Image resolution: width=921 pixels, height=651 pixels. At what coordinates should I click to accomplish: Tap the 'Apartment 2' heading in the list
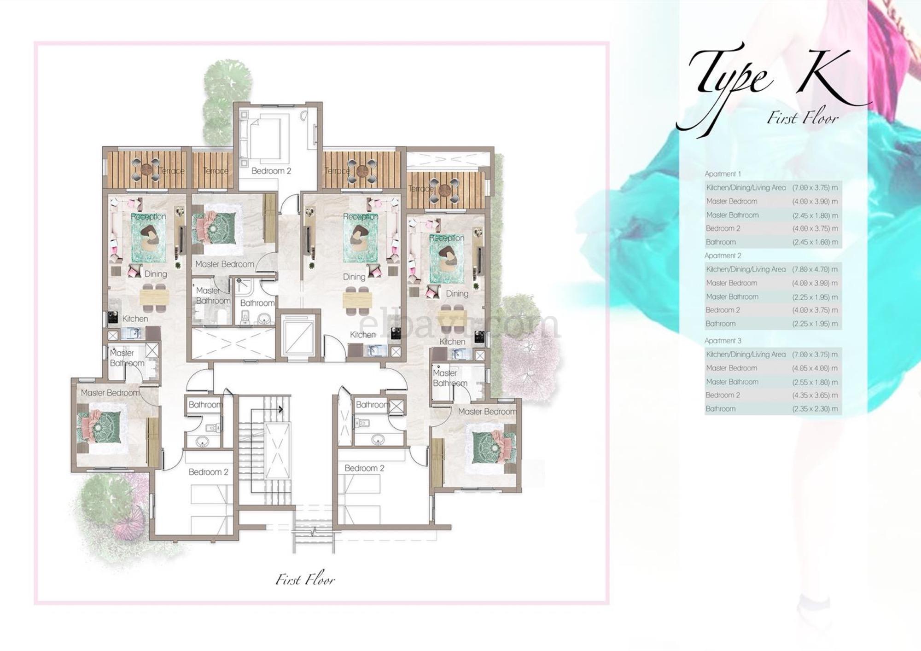click(x=723, y=256)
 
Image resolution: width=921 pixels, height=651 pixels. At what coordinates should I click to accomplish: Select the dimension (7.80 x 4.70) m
click(x=815, y=269)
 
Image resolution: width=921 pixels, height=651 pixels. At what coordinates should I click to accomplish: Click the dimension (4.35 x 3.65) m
click(x=815, y=395)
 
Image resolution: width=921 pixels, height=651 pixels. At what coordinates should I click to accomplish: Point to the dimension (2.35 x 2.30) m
click(x=815, y=409)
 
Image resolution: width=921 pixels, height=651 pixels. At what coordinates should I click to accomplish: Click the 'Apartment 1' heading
click(x=723, y=174)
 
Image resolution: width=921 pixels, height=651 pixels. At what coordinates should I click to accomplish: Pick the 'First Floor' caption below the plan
click(x=305, y=580)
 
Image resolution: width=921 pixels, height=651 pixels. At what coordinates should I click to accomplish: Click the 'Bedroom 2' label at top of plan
click(x=271, y=171)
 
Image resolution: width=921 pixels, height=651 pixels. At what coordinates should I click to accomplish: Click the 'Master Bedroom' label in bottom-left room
click(x=110, y=393)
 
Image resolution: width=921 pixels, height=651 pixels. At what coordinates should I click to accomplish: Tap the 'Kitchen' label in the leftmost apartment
click(x=135, y=319)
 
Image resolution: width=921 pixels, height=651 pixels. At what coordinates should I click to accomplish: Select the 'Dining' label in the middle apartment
click(x=354, y=277)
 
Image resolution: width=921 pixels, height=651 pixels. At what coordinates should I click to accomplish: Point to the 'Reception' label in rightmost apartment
click(x=446, y=238)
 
